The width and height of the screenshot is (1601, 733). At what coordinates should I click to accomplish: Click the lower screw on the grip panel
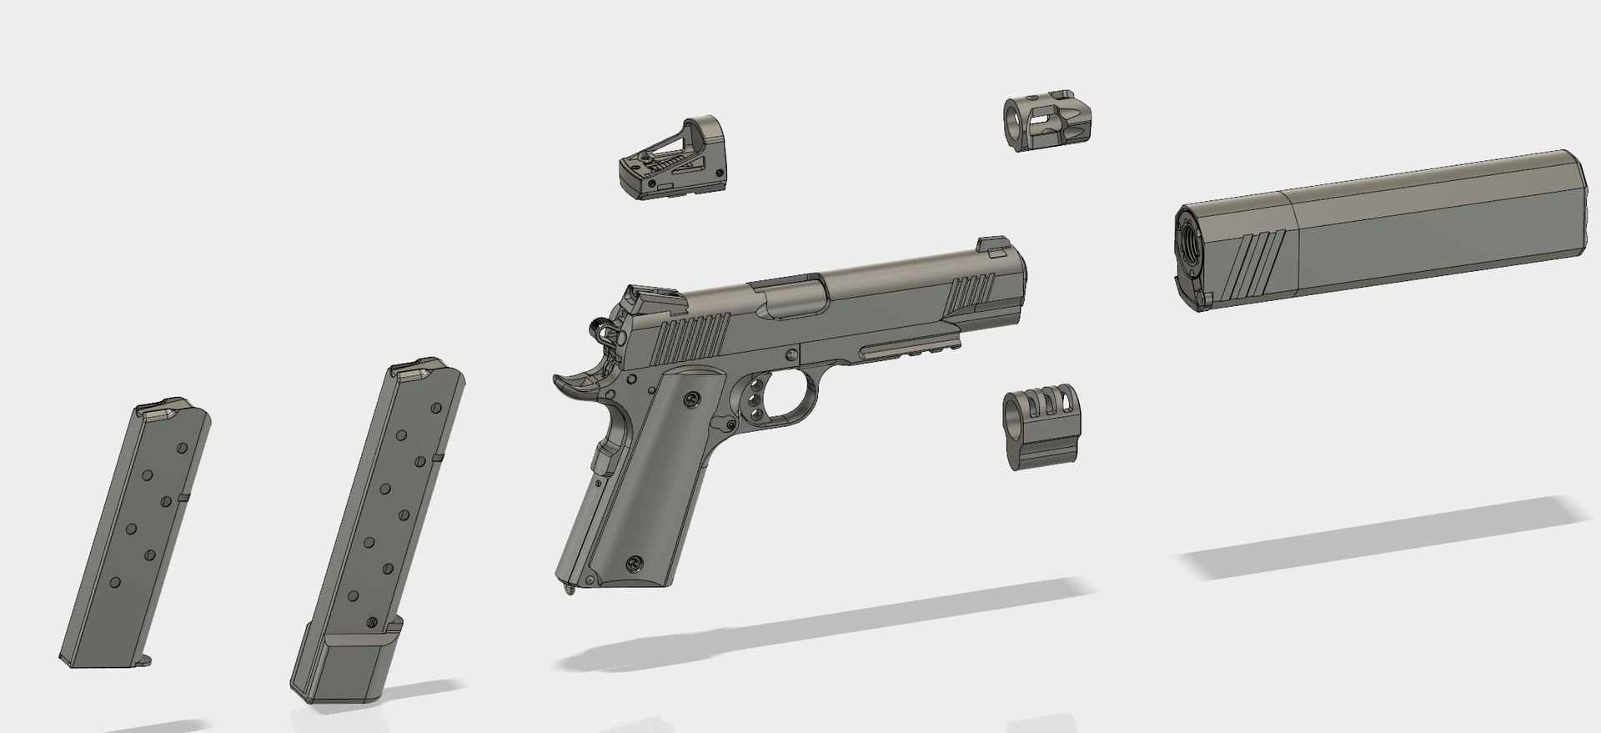click(x=637, y=564)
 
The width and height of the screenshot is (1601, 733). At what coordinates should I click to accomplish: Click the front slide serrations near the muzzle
click(x=972, y=292)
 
